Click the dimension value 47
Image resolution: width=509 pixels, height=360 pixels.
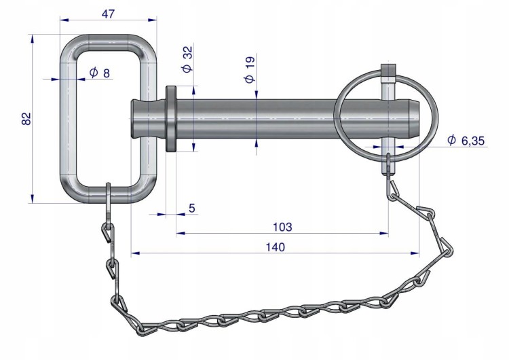tap(108, 14)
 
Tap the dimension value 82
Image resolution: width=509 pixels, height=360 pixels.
tap(26, 118)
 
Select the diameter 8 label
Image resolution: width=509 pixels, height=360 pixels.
tap(100, 73)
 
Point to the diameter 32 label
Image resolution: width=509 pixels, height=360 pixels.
tap(187, 59)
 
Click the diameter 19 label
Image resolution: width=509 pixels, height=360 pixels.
tap(250, 69)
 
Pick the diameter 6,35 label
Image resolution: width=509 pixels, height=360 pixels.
tap(466, 141)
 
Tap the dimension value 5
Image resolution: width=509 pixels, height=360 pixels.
tap(192, 208)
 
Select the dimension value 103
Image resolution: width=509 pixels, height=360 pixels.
tap(282, 227)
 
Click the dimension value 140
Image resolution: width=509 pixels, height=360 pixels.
tap(276, 247)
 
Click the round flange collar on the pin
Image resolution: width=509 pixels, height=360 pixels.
tap(171, 119)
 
